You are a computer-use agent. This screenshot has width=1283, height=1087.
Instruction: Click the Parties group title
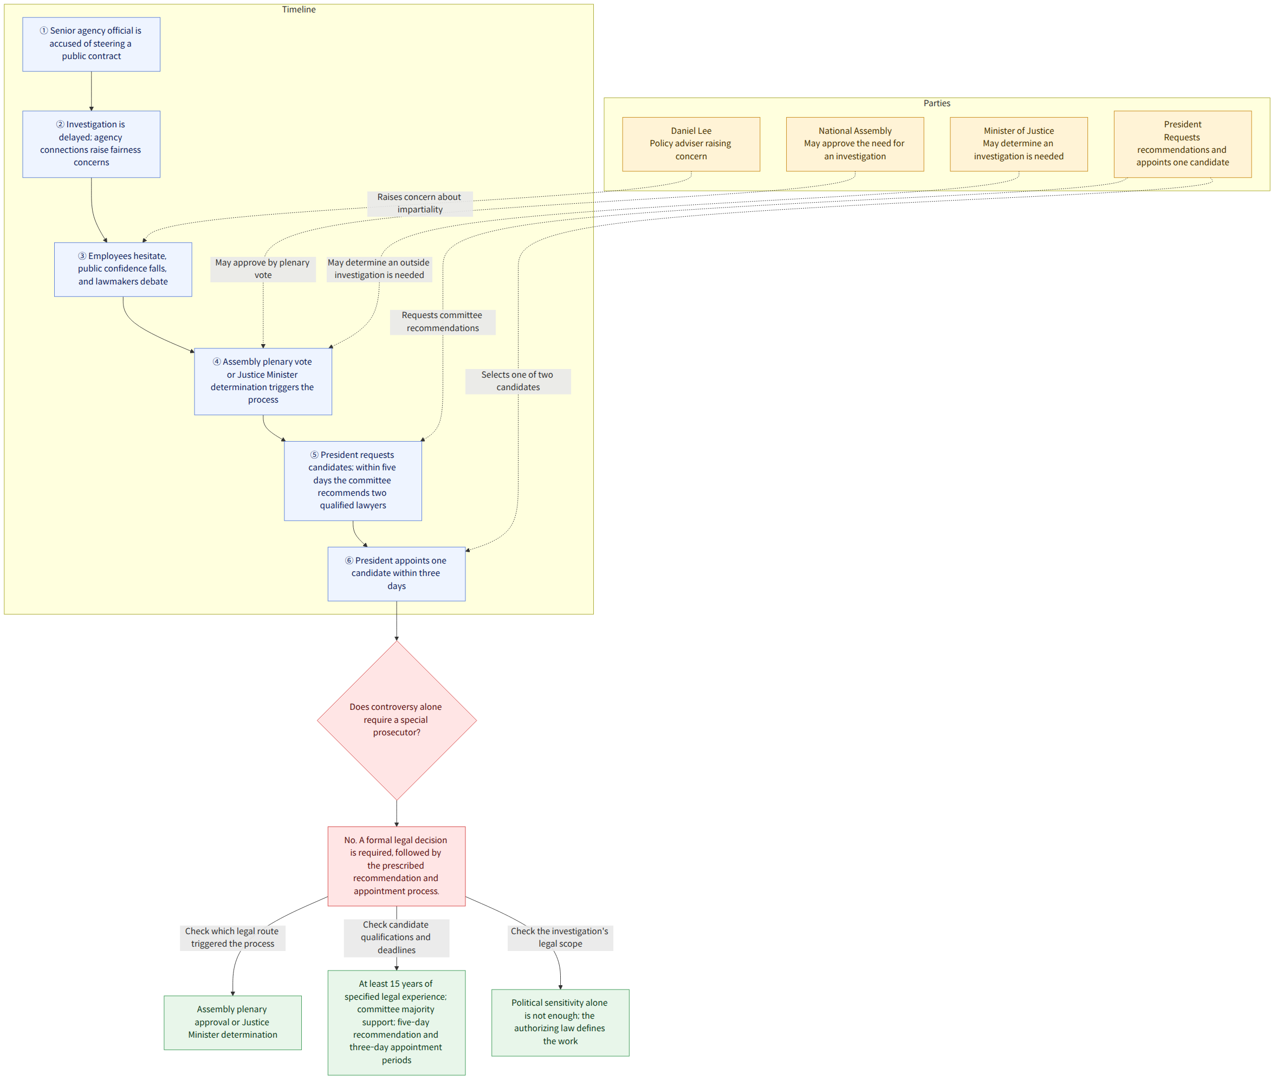click(x=936, y=103)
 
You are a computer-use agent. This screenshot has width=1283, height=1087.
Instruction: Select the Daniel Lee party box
click(x=691, y=144)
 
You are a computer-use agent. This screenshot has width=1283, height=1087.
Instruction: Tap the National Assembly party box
click(x=855, y=144)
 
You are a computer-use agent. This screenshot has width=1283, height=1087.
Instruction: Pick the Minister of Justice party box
click(x=1019, y=144)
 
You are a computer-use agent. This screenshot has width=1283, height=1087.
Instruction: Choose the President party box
click(x=1183, y=144)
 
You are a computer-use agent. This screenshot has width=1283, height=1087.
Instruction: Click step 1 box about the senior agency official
click(x=91, y=44)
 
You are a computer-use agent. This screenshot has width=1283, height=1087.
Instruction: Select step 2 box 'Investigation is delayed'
click(x=91, y=144)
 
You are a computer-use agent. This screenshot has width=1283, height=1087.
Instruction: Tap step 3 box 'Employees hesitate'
click(x=122, y=269)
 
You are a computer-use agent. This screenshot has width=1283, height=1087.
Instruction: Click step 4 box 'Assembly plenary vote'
click(x=263, y=381)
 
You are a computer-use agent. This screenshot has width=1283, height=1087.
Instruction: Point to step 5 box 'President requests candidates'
click(x=353, y=480)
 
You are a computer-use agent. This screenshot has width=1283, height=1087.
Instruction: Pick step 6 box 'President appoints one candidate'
click(x=396, y=573)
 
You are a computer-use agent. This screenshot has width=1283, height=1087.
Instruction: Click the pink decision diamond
click(x=396, y=720)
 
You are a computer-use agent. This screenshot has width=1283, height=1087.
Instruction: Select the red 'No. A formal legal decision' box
click(x=396, y=865)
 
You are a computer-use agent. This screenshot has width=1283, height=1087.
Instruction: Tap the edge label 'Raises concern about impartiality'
click(x=420, y=203)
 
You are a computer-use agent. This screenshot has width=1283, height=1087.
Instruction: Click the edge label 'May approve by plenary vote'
click(x=263, y=269)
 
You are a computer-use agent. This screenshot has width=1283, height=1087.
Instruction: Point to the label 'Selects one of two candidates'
click(x=517, y=381)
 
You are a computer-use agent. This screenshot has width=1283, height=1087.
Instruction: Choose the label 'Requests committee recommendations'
click(x=443, y=322)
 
